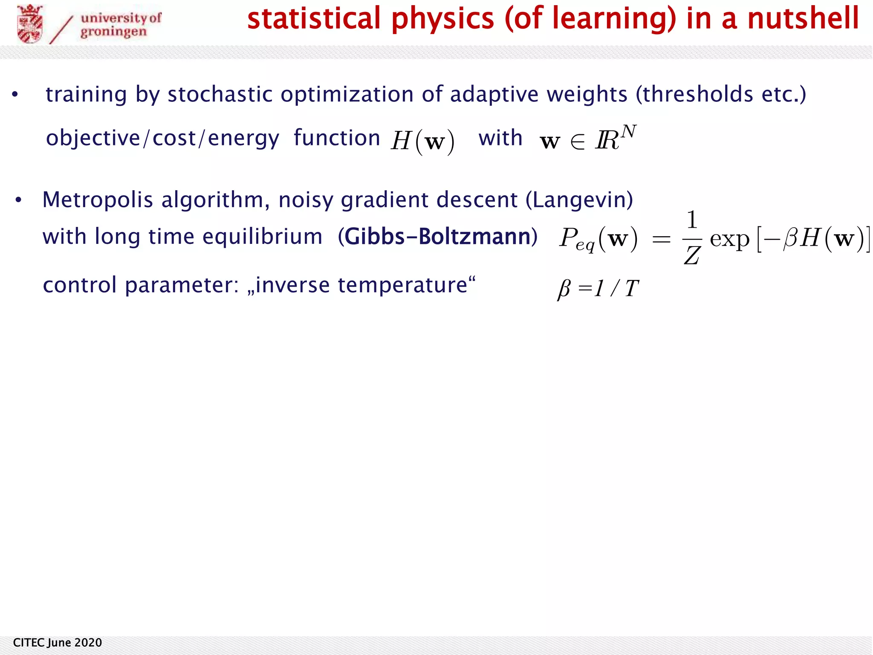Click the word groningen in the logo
[113, 32]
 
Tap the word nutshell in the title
[803, 19]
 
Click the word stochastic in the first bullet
[220, 94]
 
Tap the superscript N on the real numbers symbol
[628, 132]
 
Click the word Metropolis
[97, 200]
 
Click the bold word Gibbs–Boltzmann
[437, 237]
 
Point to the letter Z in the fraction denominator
[691, 256]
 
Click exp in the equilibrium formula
[729, 239]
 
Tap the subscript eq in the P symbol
[585, 245]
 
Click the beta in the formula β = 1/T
[564, 290]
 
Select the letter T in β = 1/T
[632, 289]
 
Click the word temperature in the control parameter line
[402, 285]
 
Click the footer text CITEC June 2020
[58, 643]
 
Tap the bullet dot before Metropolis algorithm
[18, 200]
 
